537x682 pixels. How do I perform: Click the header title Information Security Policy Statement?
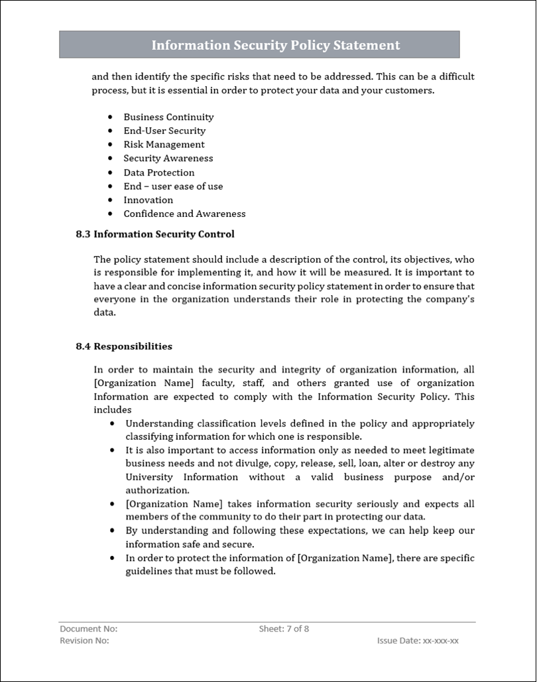tap(275, 45)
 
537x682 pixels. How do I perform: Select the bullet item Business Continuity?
tap(168, 117)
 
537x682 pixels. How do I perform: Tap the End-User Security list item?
tap(164, 131)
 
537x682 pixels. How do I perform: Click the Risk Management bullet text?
tap(164, 145)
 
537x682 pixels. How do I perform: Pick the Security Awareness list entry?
tap(168, 159)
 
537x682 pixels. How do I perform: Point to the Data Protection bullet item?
tap(158, 172)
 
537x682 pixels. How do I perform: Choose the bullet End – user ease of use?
tap(173, 186)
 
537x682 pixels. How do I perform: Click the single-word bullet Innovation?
tap(148, 200)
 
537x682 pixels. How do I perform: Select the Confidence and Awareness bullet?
tap(184, 214)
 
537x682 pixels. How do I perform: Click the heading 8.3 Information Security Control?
tap(155, 234)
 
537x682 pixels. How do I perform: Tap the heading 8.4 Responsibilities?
tap(124, 346)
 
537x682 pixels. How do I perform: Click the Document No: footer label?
tap(88, 628)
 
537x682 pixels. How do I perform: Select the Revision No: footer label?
tap(84, 641)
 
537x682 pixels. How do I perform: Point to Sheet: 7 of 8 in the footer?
tap(284, 628)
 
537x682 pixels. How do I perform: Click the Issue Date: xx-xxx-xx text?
tap(418, 641)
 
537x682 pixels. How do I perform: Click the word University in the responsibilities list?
tap(149, 477)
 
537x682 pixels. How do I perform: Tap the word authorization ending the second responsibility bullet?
tap(156, 490)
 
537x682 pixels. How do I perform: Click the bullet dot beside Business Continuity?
tap(110, 117)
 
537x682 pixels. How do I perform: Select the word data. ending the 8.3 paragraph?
tap(105, 312)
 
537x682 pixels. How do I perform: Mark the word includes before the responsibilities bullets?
tap(112, 410)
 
